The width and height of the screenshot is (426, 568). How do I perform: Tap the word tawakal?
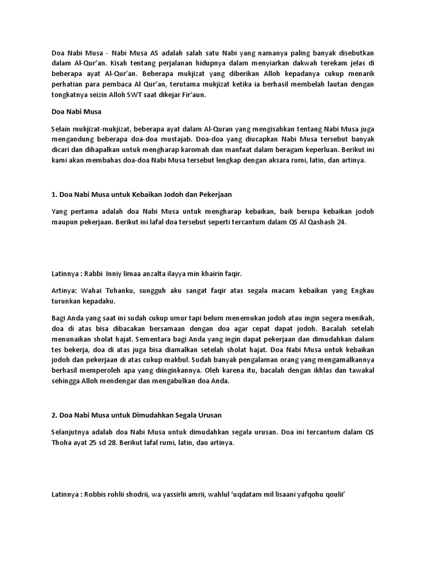[x=359, y=372]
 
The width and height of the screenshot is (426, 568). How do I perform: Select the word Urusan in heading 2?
[x=194, y=415]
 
